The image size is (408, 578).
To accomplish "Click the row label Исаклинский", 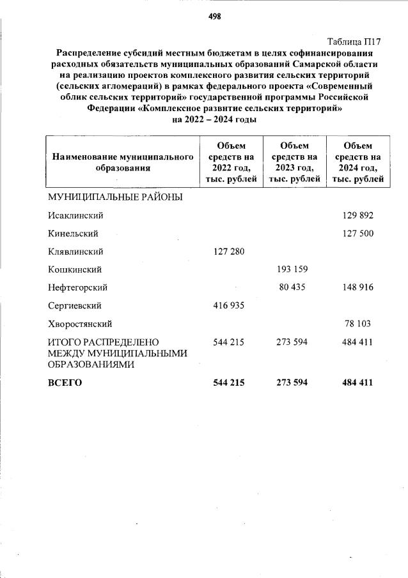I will point(75,215).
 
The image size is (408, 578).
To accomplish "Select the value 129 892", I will point(357,215).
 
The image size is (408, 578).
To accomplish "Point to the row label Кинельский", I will point(72,233).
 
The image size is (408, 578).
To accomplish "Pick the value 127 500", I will point(357,233).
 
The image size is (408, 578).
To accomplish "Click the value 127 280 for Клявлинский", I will point(228,252).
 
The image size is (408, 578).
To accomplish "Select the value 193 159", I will point(292,270).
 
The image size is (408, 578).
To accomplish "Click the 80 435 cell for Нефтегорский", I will point(294,287).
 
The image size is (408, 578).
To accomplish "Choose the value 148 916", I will point(357,287).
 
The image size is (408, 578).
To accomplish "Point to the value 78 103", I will point(359,324).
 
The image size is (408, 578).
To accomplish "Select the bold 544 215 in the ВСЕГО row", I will point(228,383).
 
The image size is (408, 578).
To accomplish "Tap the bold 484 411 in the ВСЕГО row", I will point(357,383).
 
